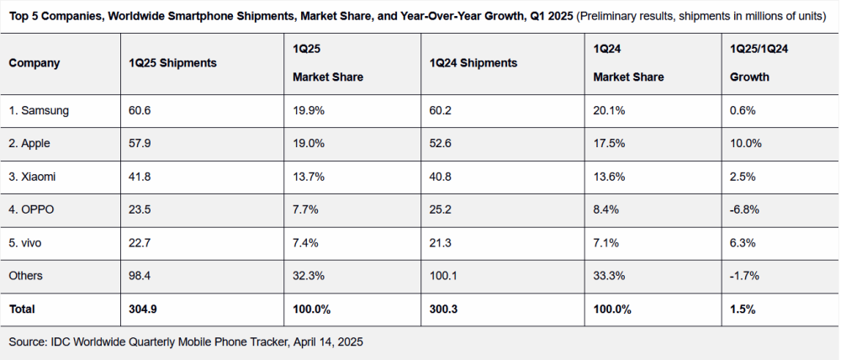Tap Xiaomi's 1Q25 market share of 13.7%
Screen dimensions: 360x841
307,177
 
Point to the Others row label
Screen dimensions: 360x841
26,276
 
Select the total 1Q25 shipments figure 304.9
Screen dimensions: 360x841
143,310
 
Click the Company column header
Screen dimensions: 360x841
34,63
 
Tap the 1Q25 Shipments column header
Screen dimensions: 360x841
172,63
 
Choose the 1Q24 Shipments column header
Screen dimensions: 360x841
473,63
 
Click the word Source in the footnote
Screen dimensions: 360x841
28,342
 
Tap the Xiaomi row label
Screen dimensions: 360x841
31,177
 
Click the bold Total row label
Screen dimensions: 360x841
22,310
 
